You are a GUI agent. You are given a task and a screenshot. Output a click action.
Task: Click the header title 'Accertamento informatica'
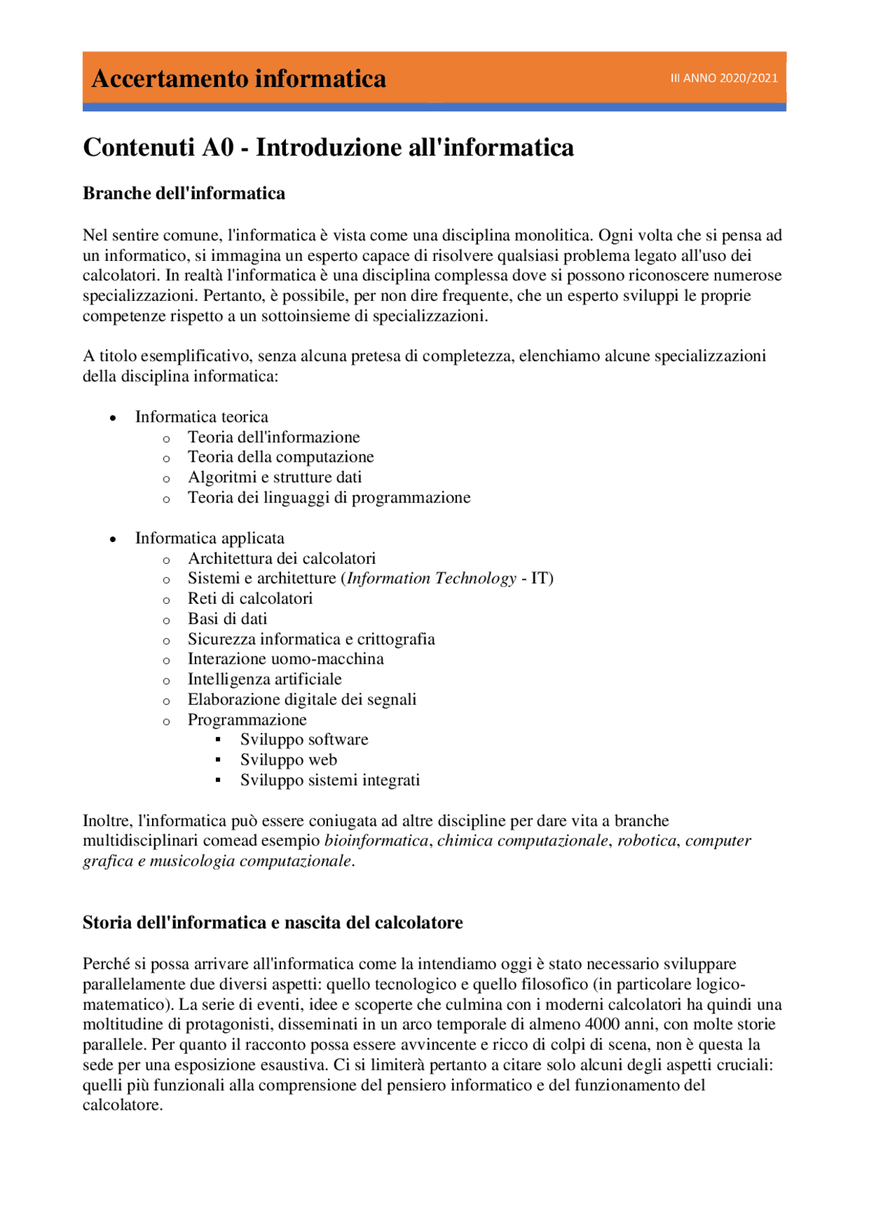(238, 79)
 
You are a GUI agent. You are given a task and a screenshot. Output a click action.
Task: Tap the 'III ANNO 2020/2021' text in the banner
(724, 78)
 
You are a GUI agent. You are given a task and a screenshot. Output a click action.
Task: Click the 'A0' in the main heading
(217, 147)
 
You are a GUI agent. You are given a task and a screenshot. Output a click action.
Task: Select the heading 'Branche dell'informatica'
(184, 194)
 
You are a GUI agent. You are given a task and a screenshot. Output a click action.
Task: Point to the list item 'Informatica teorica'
(202, 417)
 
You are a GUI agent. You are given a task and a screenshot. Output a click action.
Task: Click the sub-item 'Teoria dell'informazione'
(274, 437)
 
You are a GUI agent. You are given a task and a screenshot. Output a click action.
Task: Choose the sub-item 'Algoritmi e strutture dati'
(274, 477)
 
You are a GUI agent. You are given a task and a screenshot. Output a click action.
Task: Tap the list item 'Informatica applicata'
(210, 539)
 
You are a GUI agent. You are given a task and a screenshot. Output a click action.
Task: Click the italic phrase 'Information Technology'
(432, 579)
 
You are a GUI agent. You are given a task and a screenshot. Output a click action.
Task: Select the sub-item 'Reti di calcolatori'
(250, 599)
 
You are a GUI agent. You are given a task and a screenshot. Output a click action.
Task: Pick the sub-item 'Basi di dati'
(227, 619)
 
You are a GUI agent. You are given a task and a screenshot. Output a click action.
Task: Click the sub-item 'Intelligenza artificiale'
(265, 680)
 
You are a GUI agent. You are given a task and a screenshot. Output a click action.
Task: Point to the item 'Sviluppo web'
(289, 760)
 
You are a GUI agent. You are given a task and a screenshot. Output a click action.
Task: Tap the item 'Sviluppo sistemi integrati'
(330, 780)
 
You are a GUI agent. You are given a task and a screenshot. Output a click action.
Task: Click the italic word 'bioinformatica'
(376, 841)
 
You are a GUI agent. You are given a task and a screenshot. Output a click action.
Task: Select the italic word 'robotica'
(646, 841)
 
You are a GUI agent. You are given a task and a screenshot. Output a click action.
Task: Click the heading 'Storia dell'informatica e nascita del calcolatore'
(273, 923)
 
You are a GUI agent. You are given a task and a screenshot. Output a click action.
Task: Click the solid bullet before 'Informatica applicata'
(113, 539)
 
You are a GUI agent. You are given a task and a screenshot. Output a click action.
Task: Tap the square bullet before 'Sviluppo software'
(218, 740)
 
